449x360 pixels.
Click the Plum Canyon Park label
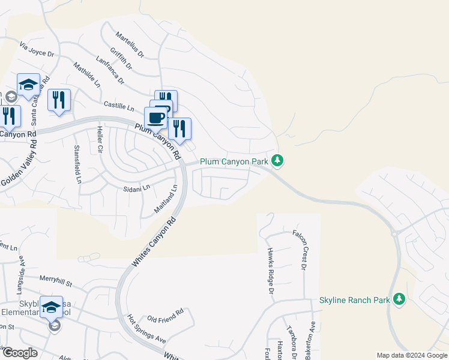point(234,161)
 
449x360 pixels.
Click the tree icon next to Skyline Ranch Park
point(399,299)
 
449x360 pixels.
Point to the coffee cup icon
point(156,117)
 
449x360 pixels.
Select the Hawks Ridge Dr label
point(270,271)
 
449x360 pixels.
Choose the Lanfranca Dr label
point(110,70)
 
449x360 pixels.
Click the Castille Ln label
point(119,107)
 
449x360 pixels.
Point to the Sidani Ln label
point(137,188)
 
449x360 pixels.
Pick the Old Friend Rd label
point(165,315)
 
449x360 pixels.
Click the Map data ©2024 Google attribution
point(411,355)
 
